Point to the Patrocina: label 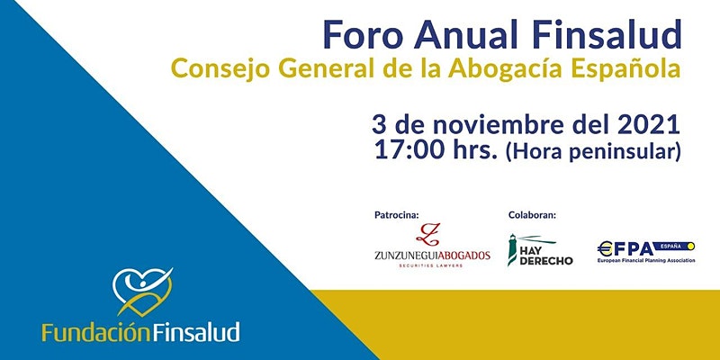coord(396,215)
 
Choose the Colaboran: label coord(532,215)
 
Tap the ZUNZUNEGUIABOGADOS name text coord(432,256)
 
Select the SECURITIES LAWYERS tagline coord(432,267)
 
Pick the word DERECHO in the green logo coord(548,260)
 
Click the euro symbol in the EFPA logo coord(605,246)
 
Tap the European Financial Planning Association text coord(646,260)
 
